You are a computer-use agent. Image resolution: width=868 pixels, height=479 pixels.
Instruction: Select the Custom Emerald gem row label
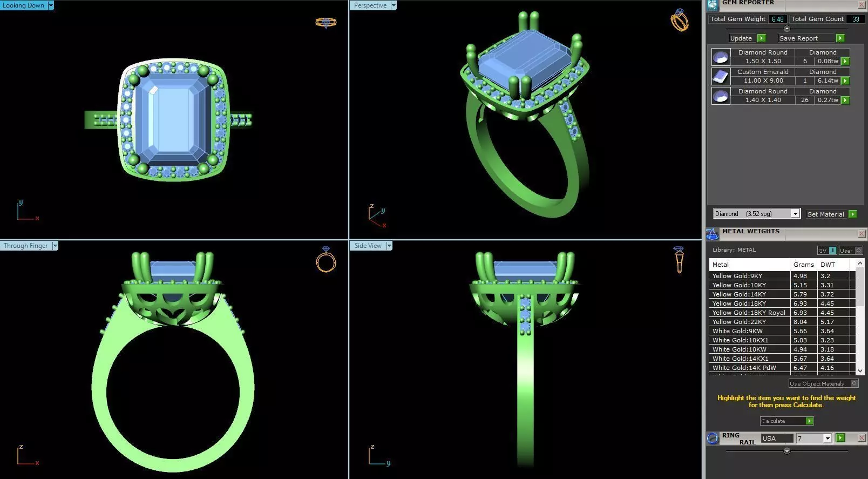762,72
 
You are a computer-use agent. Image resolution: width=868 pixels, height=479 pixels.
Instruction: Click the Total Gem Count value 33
856,19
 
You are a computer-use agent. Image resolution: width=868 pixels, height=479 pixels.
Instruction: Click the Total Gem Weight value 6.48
777,19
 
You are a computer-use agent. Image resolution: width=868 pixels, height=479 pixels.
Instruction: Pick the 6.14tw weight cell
828,80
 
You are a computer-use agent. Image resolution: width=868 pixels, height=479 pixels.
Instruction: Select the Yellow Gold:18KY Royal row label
748,313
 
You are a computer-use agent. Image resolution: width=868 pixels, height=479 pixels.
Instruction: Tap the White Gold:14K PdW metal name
744,368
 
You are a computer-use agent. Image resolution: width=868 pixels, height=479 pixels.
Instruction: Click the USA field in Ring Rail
777,438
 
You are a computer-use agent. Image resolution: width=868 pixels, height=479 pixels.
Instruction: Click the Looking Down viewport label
24,5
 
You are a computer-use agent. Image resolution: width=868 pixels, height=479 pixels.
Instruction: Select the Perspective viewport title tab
370,5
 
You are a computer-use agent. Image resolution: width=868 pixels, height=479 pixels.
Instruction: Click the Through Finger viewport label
25,246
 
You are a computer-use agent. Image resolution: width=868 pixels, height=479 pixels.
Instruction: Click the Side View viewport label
368,246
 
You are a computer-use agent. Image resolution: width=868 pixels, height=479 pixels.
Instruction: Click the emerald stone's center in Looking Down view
174,120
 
